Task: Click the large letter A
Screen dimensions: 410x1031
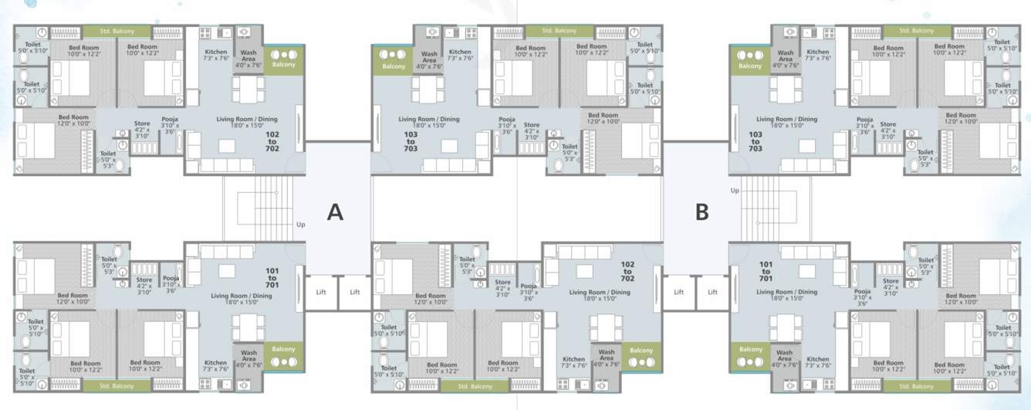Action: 334,212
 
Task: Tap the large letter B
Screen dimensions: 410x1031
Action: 701,212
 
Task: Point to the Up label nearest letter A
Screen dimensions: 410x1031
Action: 299,225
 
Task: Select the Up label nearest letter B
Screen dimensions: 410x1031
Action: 735,189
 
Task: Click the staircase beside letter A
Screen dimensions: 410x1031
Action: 258,208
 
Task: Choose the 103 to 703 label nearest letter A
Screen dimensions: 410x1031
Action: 411,142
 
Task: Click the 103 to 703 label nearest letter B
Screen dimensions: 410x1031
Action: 755,142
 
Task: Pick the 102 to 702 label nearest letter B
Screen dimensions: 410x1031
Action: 627,271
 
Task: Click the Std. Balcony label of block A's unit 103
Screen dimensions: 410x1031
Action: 559,31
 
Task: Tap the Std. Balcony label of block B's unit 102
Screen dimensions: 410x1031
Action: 475,385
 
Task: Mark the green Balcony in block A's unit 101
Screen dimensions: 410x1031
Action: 284,354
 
